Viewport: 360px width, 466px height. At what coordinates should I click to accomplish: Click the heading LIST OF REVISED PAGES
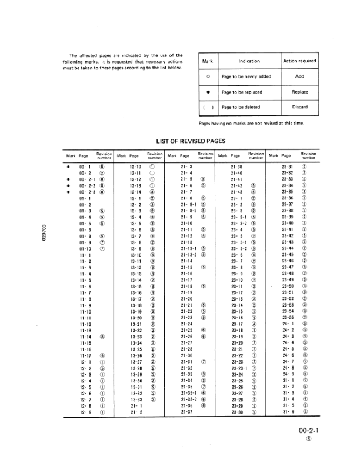tap(192, 141)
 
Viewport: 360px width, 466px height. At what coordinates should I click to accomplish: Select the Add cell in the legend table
tap(299, 76)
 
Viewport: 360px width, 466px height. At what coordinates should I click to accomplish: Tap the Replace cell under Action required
tap(299, 92)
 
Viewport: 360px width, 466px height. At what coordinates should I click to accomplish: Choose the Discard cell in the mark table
tap(299, 107)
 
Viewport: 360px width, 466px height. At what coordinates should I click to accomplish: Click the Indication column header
tap(249, 61)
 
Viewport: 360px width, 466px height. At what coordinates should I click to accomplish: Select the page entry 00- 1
tap(84, 167)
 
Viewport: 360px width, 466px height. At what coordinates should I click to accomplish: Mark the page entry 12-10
tap(135, 167)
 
